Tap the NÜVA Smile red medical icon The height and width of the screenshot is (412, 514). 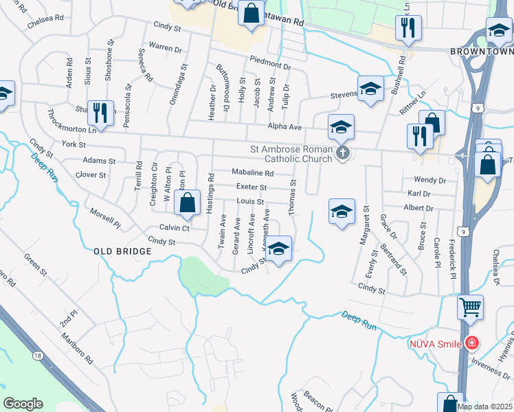click(x=471, y=343)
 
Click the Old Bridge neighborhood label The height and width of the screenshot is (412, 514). click(x=122, y=252)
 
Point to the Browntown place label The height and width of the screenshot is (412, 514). click(x=481, y=51)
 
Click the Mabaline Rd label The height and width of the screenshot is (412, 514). click(x=252, y=172)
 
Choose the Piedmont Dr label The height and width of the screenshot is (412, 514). click(x=270, y=62)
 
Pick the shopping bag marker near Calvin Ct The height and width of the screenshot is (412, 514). click(x=187, y=202)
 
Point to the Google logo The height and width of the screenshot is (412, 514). click(x=23, y=403)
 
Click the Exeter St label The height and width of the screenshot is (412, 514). click(x=251, y=187)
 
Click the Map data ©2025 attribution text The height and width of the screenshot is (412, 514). click(x=484, y=407)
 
